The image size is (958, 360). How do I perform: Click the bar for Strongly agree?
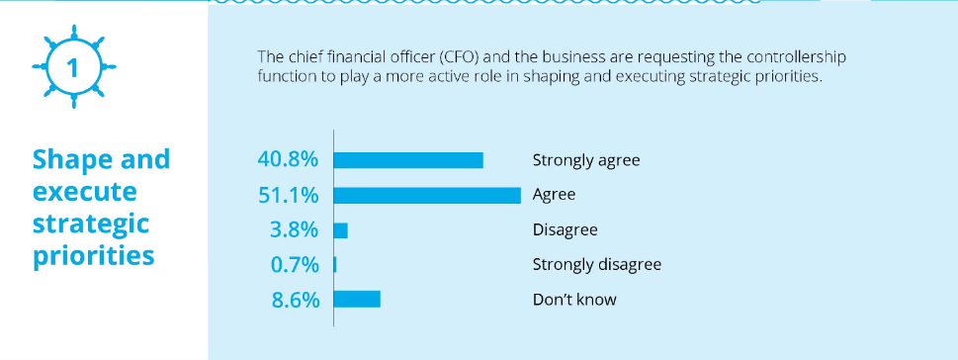tap(409, 160)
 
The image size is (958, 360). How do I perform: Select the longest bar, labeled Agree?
tap(428, 195)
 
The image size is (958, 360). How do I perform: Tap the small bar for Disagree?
tap(341, 230)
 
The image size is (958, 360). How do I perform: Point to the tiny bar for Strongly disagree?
tap(336, 264)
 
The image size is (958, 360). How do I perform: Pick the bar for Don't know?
tap(358, 299)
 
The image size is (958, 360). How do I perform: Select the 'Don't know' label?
tap(573, 299)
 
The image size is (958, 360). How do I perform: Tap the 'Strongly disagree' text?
tap(596, 264)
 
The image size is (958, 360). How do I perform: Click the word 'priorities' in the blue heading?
tap(93, 255)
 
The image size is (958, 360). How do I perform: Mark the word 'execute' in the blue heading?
tap(84, 191)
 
